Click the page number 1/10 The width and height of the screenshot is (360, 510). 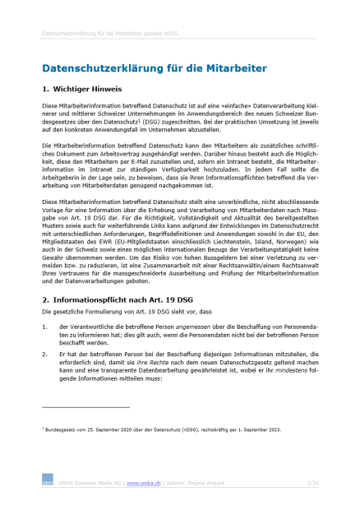click(x=312, y=483)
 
